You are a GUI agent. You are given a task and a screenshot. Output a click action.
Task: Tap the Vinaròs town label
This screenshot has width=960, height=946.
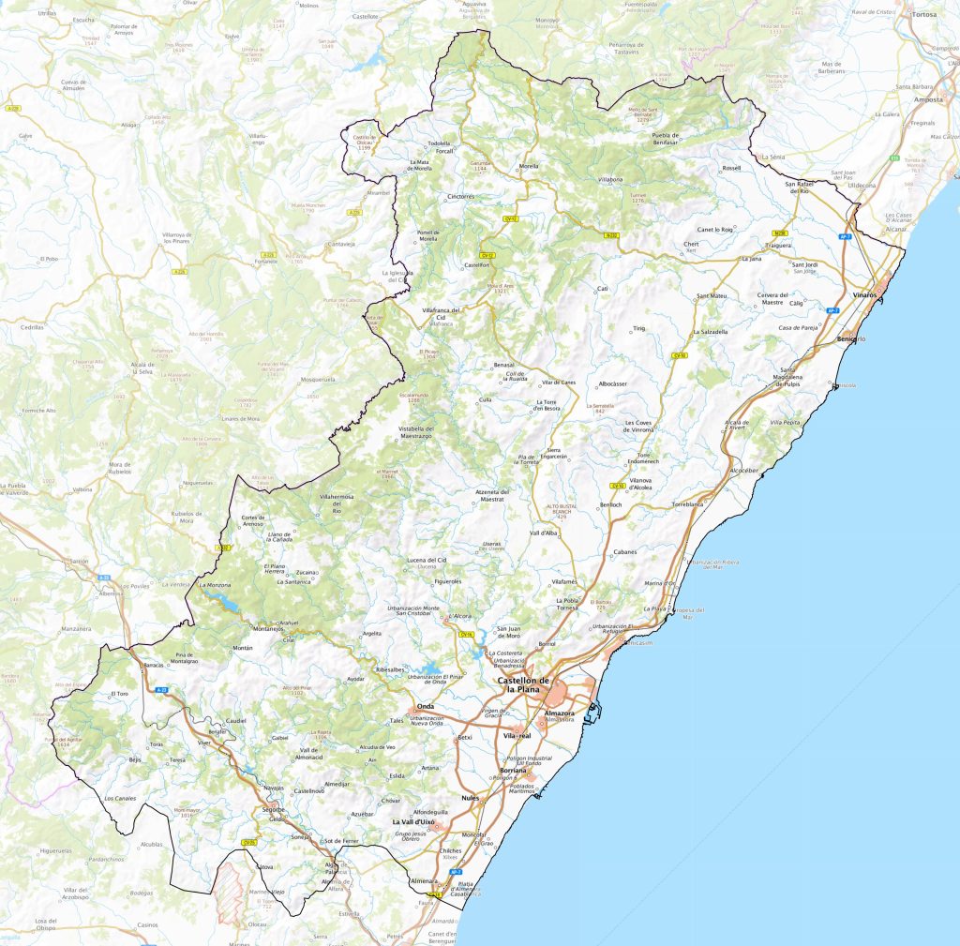[x=864, y=295]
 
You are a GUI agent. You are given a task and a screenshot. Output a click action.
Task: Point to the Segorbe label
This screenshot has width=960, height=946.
[x=273, y=808]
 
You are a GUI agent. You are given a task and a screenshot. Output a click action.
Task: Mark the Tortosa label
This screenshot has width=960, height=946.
[x=924, y=15]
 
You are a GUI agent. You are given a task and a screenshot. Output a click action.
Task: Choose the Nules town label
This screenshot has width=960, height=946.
[x=471, y=798]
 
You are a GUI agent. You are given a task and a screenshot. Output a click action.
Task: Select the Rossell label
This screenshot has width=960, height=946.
[x=731, y=168]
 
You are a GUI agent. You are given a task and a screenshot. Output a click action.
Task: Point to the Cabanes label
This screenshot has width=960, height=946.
[x=625, y=551]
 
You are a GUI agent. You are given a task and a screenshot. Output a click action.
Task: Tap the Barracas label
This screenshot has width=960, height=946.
[x=154, y=665]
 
